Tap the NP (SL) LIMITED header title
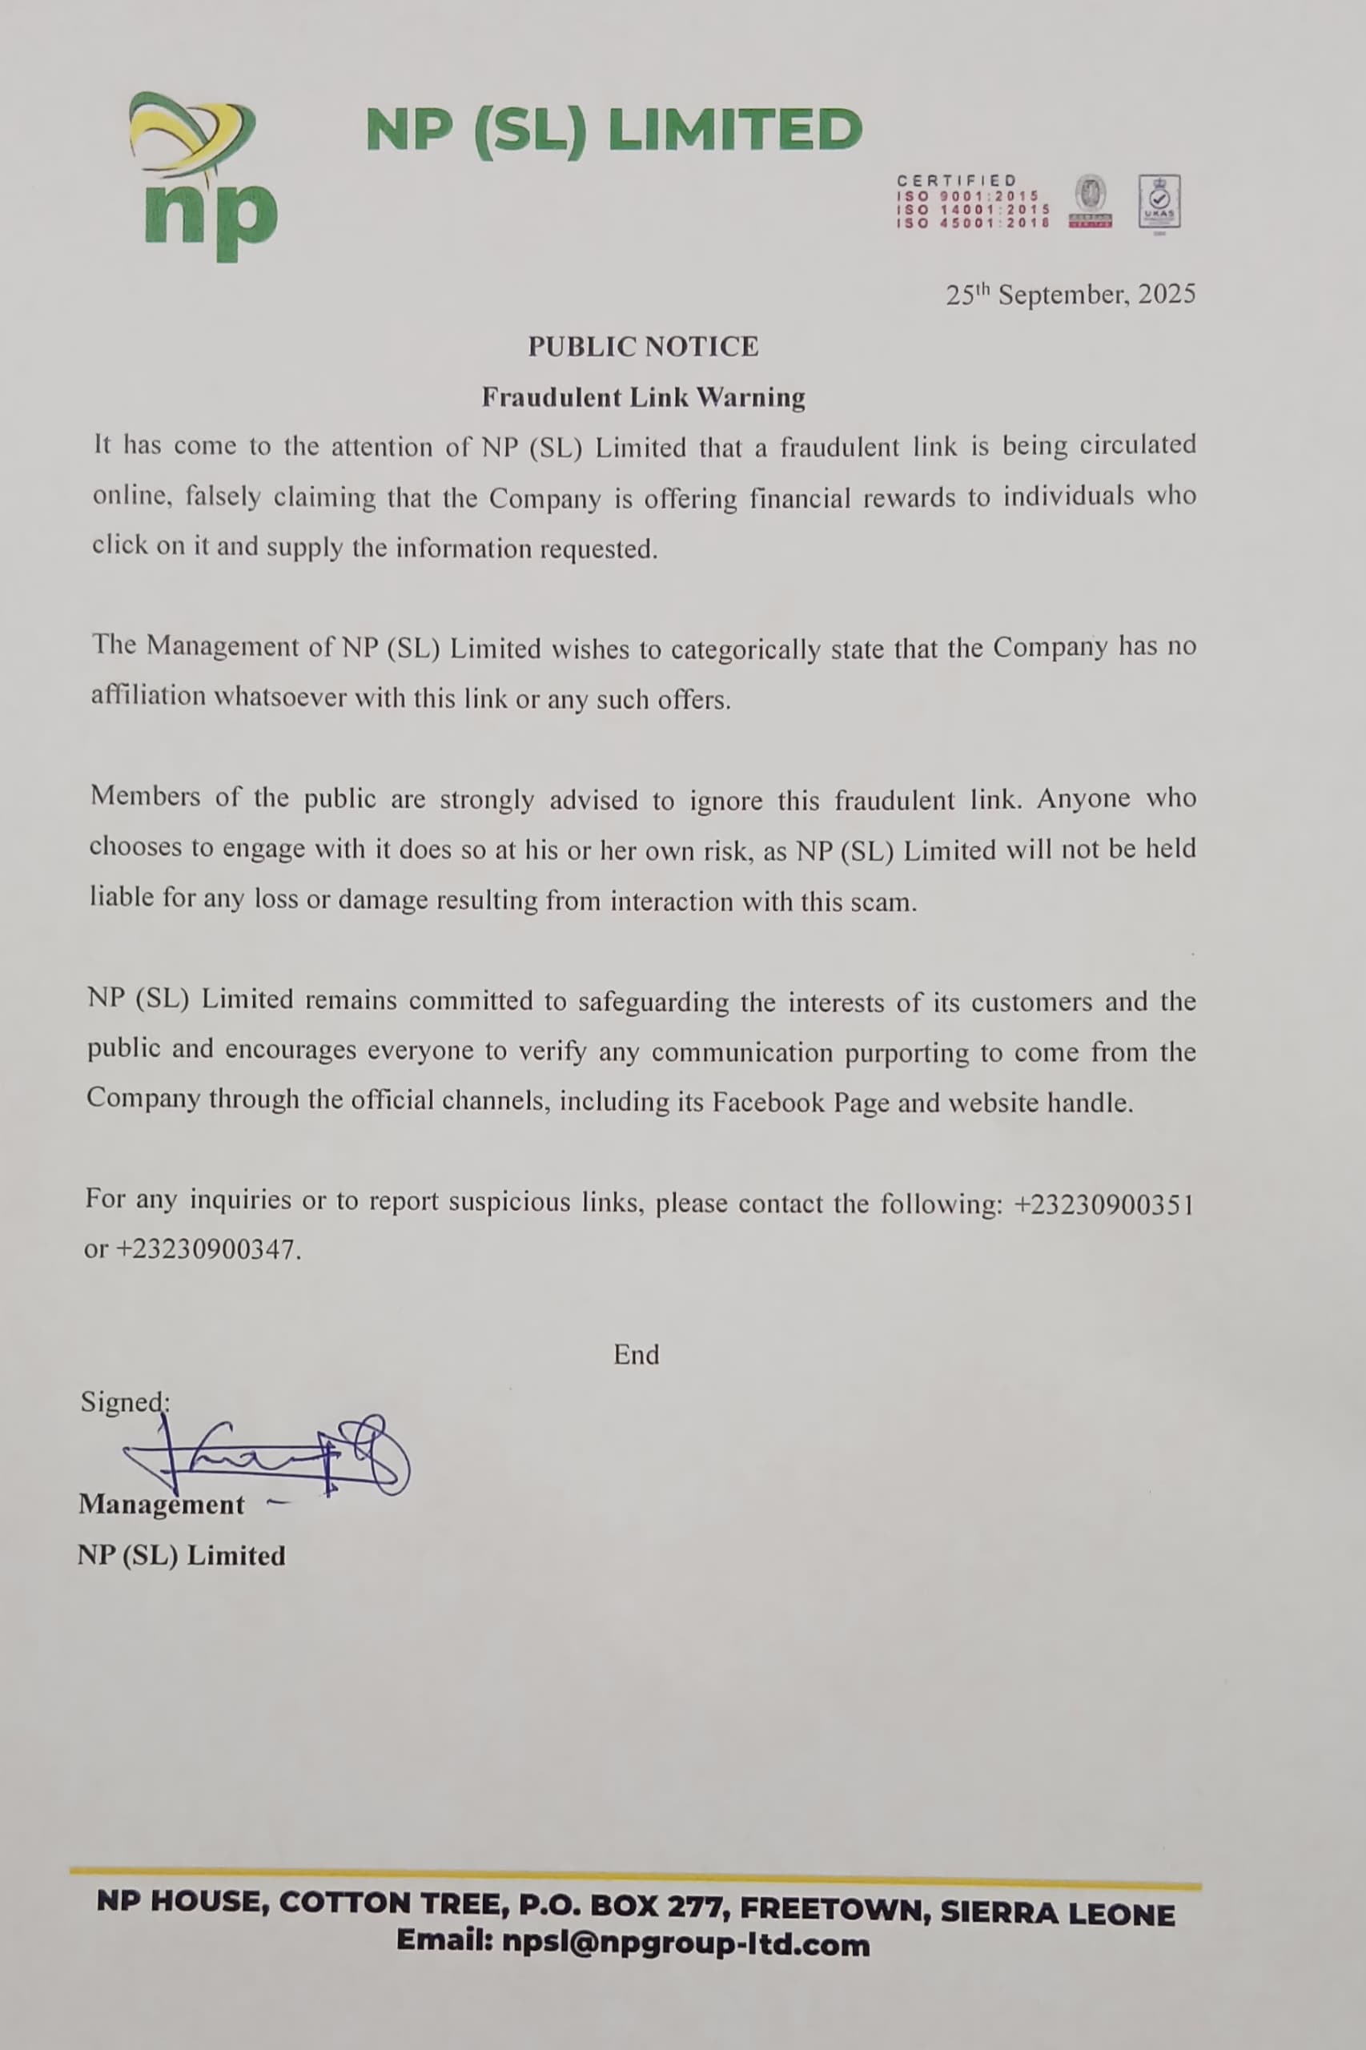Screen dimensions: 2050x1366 (613, 131)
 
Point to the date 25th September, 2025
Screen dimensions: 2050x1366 (1070, 295)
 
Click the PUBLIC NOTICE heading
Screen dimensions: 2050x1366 (643, 346)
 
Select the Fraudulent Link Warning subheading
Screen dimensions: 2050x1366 (643, 397)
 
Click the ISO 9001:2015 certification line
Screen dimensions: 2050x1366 (969, 197)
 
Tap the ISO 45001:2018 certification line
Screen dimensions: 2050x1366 (972, 223)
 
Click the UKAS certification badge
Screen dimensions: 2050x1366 (1159, 202)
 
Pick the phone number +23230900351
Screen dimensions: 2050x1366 (1104, 1204)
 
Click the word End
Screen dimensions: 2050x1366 (636, 1354)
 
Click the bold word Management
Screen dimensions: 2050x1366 (161, 1505)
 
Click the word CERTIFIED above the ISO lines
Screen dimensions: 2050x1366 (957, 180)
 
